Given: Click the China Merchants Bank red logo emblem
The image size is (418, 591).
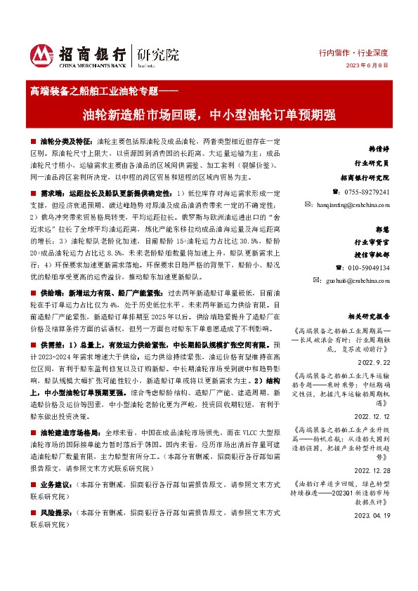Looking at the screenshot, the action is tap(41, 53).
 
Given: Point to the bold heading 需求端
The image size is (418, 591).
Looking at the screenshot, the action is tap(51, 192).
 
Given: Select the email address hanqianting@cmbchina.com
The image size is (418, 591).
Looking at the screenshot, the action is tap(356, 204).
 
